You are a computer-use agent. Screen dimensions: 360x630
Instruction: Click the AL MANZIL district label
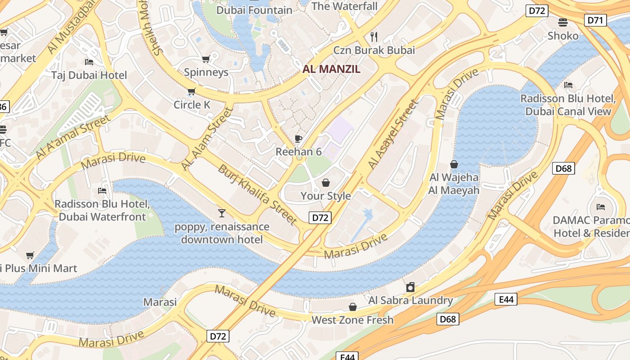click(x=331, y=69)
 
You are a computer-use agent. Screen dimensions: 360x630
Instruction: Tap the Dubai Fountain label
click(x=254, y=10)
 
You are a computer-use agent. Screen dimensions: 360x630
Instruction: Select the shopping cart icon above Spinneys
click(x=206, y=59)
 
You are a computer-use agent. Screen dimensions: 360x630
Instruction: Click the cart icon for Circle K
click(x=191, y=92)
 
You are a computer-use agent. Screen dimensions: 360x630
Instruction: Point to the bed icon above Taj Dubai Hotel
click(x=89, y=62)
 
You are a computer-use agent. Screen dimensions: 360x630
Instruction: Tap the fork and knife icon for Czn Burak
click(x=373, y=36)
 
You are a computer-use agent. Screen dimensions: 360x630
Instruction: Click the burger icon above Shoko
click(x=562, y=22)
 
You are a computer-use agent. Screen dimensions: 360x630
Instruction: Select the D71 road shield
click(x=595, y=20)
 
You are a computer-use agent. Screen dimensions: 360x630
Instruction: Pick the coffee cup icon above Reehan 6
click(x=298, y=139)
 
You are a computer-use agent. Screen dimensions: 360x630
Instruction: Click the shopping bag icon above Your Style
click(x=326, y=183)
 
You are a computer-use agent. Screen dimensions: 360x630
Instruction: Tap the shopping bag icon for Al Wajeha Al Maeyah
click(x=454, y=164)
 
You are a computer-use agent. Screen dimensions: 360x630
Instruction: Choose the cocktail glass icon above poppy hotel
click(x=221, y=213)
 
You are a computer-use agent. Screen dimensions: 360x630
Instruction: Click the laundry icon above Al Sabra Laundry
click(x=410, y=287)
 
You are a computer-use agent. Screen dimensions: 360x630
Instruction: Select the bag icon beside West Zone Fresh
click(x=353, y=307)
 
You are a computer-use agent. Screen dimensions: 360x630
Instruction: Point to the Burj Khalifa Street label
click(x=257, y=194)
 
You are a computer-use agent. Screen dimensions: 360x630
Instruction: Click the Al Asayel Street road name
click(x=393, y=135)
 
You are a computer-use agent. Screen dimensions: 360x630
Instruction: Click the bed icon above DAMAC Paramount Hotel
click(x=600, y=207)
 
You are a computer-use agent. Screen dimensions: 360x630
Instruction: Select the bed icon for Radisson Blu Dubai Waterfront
click(x=102, y=191)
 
